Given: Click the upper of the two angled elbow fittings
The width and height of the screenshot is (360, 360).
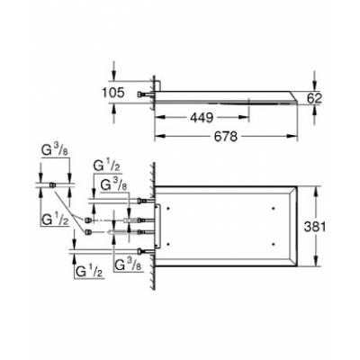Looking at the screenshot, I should click(x=87, y=219).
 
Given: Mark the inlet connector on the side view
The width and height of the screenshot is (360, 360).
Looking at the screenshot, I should click(x=143, y=94).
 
